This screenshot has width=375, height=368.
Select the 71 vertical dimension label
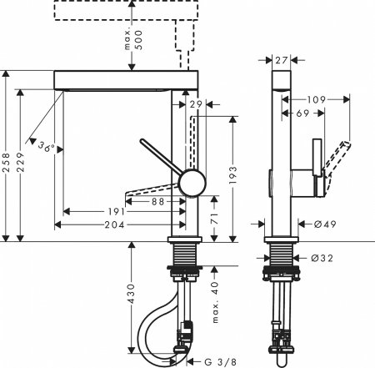click(x=215, y=219)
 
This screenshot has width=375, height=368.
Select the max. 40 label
click(x=215, y=305)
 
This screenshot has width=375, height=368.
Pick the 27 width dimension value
click(x=281, y=59)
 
